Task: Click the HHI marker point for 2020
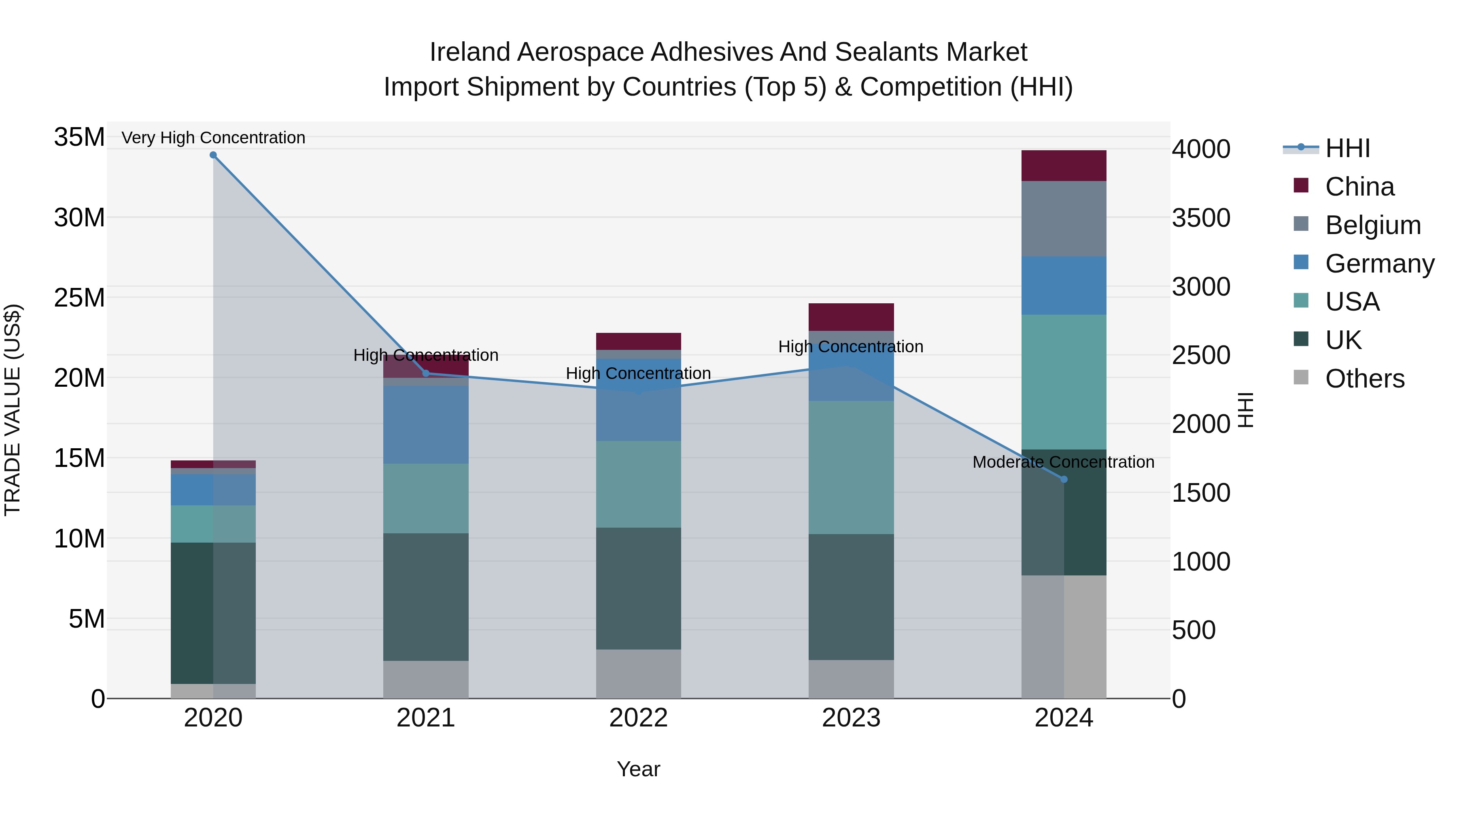213,155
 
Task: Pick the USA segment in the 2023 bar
851,467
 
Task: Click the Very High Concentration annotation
213,138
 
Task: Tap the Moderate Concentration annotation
1063,462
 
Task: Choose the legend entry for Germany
1379,264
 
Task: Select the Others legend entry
1364,379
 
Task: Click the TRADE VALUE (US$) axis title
13,410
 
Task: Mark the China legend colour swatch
1301,185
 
